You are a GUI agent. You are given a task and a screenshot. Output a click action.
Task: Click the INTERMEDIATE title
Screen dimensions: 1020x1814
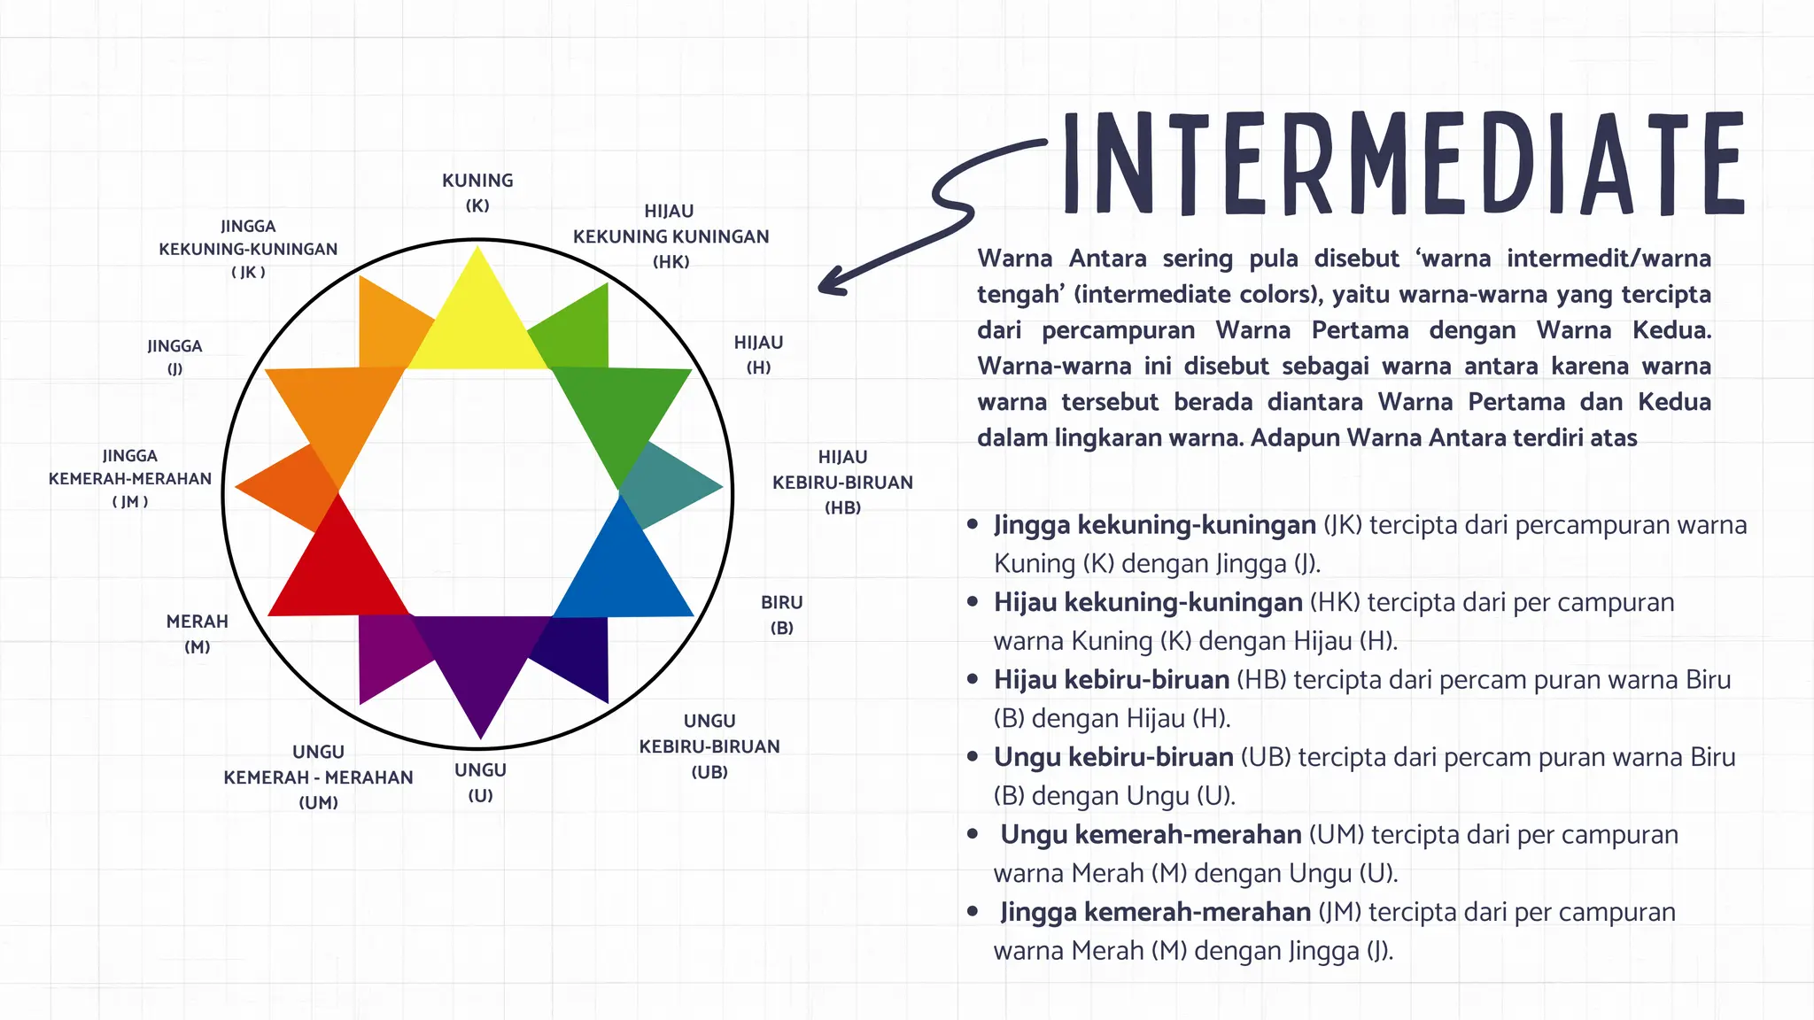coord(1403,165)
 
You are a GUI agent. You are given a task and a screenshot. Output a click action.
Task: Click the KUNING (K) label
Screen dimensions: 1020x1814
coord(477,192)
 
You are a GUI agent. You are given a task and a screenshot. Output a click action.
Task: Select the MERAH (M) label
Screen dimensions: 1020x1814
coord(198,633)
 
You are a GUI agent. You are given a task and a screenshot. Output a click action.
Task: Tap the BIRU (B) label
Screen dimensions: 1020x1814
coord(781,614)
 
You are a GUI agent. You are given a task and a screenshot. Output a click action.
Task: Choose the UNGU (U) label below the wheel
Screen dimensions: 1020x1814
coord(480,782)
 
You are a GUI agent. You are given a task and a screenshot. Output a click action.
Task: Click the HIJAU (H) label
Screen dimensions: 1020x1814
coord(758,354)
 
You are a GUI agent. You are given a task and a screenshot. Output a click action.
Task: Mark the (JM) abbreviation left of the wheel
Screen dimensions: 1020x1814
coord(130,502)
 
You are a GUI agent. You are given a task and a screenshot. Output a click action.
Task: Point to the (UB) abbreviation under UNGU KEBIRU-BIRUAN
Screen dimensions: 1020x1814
coord(709,772)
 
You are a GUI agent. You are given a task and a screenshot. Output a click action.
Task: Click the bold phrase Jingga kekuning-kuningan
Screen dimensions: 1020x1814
coord(1154,525)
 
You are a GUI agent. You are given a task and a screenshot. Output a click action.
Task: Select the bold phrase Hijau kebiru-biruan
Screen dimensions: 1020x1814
coord(1111,680)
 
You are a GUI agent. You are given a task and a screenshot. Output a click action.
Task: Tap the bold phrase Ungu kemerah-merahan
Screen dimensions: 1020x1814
coord(1151,835)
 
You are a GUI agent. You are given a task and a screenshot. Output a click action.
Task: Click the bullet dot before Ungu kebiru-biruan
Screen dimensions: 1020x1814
coord(973,757)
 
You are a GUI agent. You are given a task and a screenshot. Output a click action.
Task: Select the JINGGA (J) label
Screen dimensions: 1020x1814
coord(174,357)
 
